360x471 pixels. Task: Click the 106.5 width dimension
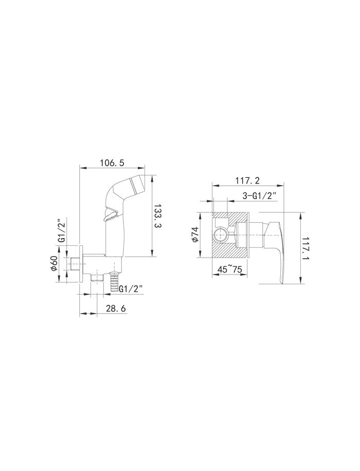click(112, 162)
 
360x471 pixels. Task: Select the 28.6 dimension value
click(116, 308)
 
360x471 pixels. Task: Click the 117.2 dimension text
click(247, 180)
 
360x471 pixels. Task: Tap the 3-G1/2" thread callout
click(259, 196)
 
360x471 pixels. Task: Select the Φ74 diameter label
click(195, 234)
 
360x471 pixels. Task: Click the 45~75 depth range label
click(229, 269)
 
